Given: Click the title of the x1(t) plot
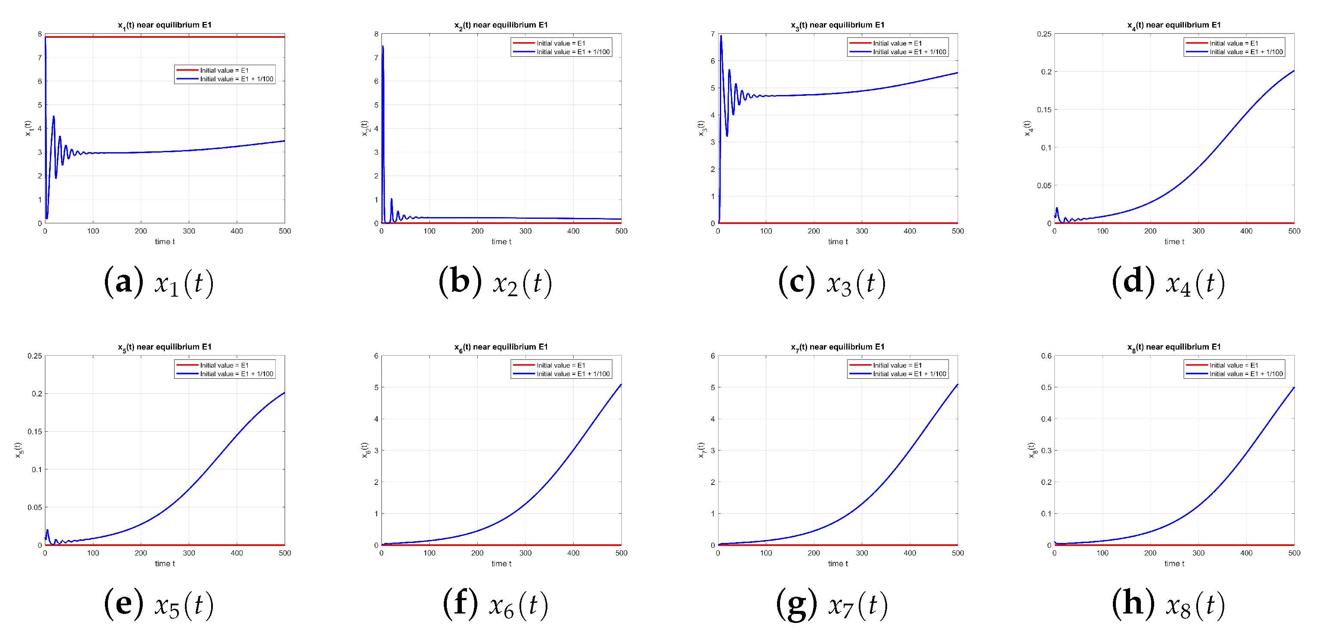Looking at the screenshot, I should click(x=165, y=25).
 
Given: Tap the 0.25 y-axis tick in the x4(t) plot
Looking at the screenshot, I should click(x=1044, y=34).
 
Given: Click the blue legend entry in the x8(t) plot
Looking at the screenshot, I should click(x=1246, y=374).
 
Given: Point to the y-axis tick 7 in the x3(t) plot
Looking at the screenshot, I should click(x=712, y=34).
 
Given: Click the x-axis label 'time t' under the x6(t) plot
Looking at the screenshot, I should click(x=501, y=564).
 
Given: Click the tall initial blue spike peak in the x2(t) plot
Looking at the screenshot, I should click(x=383, y=47).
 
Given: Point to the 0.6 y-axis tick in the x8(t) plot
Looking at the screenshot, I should click(x=1046, y=356).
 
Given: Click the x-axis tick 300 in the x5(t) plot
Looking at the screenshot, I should click(x=189, y=553).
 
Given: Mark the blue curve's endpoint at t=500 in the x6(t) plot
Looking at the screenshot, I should click(x=621, y=384).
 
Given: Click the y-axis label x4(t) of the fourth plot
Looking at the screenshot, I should click(x=1027, y=128).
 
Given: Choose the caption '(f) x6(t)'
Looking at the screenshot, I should click(x=495, y=604).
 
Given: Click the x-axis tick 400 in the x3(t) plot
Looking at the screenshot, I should click(x=910, y=231).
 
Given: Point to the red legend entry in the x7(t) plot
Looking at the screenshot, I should click(x=897, y=365).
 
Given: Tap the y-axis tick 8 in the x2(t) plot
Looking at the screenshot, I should click(x=376, y=34).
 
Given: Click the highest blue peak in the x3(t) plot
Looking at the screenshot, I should click(x=721, y=36).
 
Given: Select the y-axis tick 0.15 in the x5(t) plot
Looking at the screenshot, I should click(x=35, y=431).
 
